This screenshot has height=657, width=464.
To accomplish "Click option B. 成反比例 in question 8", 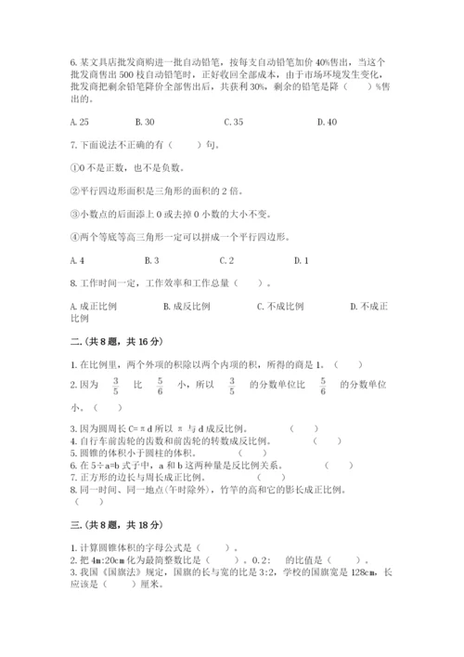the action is (x=187, y=305).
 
